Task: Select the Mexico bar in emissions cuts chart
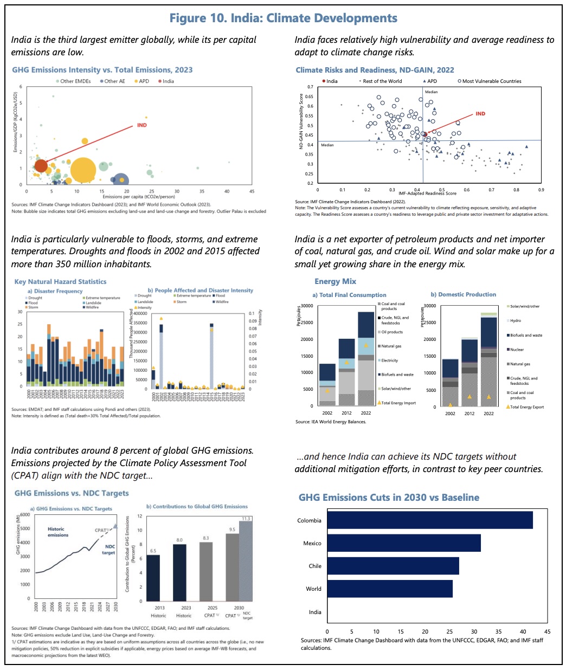[x=403, y=543]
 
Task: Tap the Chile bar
[x=393, y=566]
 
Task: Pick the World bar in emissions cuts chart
[x=389, y=589]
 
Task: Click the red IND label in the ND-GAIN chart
[x=480, y=114]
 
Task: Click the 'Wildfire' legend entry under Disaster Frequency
[x=92, y=307]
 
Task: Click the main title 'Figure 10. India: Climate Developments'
[x=283, y=18]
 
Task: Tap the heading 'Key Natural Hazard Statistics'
[x=60, y=282]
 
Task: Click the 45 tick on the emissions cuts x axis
[x=547, y=631]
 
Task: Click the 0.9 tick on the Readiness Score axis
[x=541, y=190]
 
